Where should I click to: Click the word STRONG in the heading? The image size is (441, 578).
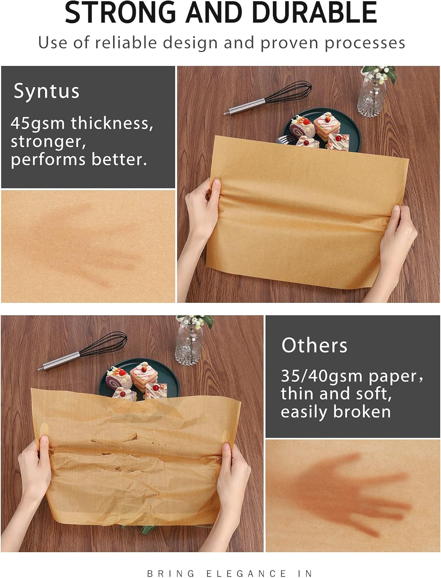coord(120,12)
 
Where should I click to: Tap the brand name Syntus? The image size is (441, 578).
coord(46,91)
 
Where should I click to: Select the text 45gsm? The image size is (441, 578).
coord(37,124)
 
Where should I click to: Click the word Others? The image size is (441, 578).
coord(314,345)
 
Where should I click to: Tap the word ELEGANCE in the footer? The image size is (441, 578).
coord(246,573)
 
